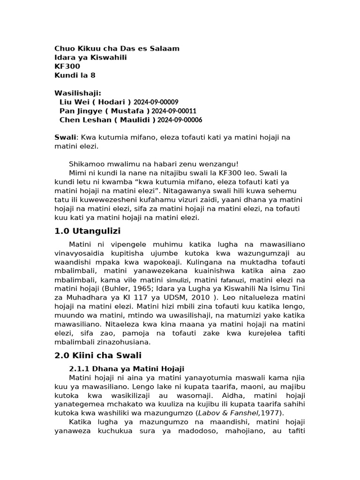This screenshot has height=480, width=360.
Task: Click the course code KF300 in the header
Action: pos(67,66)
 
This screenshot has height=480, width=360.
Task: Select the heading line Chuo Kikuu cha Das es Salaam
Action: pos(117,48)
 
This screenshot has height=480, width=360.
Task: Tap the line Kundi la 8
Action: pos(75,75)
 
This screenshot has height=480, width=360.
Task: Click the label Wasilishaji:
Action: pos(78,93)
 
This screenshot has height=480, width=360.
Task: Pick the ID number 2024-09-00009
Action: pos(156,102)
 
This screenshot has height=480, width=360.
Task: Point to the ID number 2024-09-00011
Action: pos(174,111)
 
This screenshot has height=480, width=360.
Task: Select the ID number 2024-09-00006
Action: pos(180,120)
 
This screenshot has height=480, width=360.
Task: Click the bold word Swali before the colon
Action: pos(65,137)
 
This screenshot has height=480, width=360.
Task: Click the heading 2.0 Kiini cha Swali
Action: pos(98,355)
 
